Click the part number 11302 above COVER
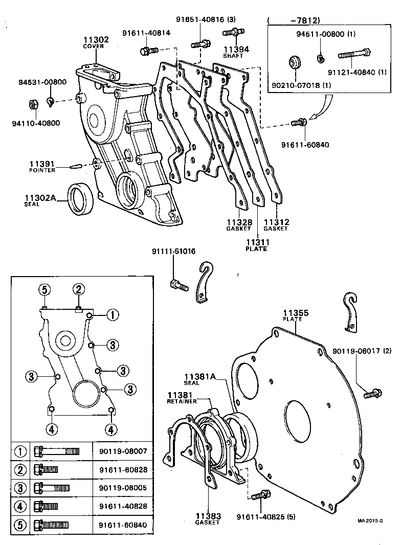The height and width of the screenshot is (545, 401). coord(95,39)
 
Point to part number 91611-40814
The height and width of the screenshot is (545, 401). coord(146,33)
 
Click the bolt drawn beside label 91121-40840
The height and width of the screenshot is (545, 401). coord(354,54)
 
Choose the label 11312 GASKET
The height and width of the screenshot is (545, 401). coord(276,225)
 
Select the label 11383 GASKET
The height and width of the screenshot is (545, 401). coord(207,518)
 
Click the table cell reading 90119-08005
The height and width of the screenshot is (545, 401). coord(122,487)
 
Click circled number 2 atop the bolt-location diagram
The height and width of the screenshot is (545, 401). coord(78,290)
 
